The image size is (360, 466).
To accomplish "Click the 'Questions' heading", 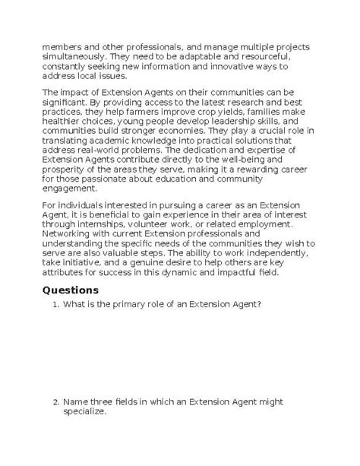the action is [x=71, y=290].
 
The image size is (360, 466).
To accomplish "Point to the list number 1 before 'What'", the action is [x=55, y=305].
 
